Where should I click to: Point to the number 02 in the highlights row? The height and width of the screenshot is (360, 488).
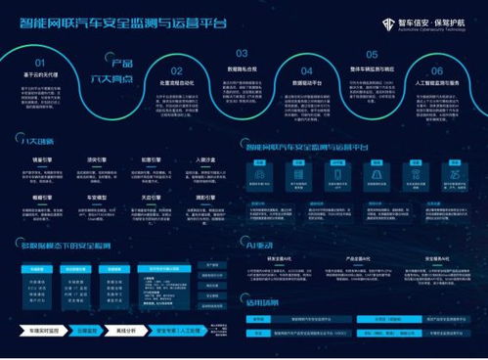(176, 71)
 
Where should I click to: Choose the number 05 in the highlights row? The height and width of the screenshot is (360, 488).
(372, 55)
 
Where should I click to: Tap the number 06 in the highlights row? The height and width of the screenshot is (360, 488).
(436, 70)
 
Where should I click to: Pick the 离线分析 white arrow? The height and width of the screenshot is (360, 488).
(126, 331)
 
